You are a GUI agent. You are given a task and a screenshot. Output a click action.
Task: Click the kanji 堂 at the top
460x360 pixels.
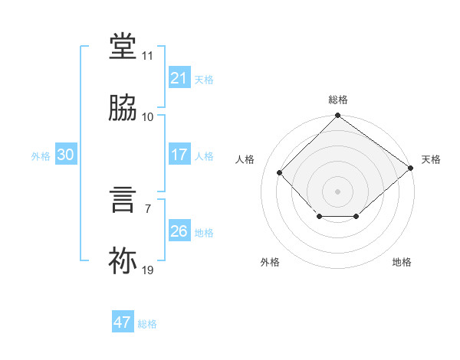[123, 46]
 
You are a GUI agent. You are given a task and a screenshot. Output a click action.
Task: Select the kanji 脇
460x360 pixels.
[123, 107]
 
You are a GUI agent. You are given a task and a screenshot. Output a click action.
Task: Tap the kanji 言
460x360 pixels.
[123, 200]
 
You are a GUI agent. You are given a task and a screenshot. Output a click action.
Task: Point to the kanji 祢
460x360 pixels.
[123, 260]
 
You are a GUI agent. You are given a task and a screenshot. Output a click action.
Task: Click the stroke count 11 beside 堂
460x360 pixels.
[147, 56]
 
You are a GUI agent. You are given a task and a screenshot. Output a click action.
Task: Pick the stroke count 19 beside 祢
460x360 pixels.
[147, 270]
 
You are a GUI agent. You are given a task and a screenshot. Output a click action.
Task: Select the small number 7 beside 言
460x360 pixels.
[148, 209]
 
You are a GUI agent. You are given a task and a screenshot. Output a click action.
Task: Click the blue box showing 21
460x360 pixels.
[179, 77]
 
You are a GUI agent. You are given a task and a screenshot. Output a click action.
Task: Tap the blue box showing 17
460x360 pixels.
[179, 154]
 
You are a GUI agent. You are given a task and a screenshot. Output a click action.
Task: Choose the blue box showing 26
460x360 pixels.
[179, 230]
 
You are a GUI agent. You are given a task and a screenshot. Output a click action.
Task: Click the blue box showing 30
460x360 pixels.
[66, 154]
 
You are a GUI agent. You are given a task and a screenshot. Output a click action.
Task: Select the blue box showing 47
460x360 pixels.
[123, 321]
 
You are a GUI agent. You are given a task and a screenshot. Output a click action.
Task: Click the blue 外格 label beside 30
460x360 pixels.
[41, 156]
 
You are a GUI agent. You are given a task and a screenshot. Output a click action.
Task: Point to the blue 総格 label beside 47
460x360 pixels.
[147, 324]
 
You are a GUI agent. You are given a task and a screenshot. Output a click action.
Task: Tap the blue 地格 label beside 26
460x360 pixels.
[204, 233]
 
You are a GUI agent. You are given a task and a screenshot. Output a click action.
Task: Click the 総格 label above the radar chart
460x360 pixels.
[338, 100]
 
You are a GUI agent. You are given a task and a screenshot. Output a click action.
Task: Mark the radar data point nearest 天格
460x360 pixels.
[410, 168]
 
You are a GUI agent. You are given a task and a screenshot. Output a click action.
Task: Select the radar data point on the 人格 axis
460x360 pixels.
[280, 172]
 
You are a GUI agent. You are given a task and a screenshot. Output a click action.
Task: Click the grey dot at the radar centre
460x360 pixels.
[337, 191]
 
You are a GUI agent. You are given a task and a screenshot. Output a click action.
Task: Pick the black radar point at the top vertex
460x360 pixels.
[337, 115]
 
